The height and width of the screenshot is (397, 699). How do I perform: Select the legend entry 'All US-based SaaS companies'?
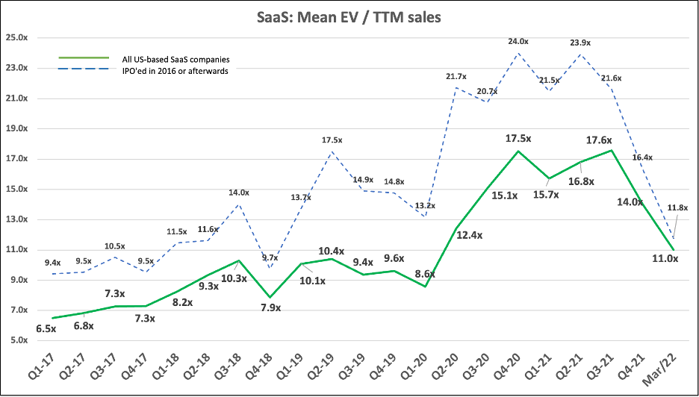175,58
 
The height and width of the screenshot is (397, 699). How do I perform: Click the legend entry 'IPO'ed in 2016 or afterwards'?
175,71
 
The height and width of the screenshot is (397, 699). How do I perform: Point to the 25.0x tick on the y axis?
16,37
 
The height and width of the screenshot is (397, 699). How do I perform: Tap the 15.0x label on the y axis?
16,189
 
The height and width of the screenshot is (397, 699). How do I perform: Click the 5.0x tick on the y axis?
18,340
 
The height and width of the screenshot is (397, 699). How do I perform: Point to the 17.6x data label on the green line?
609,138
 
